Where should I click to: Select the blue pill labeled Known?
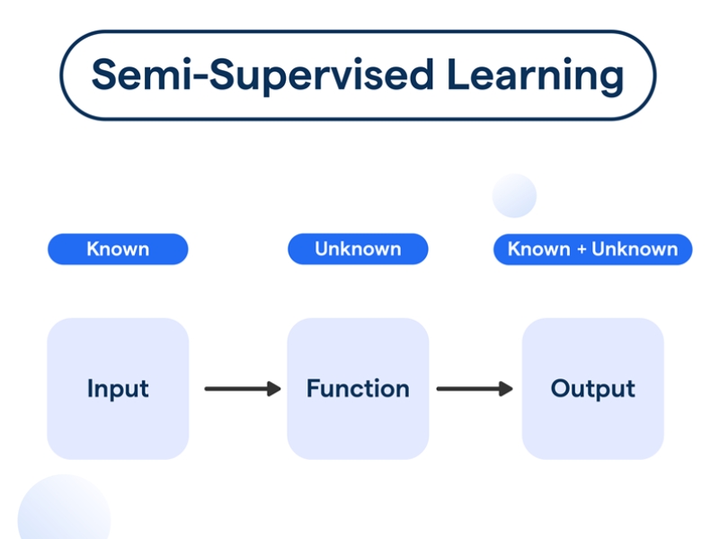click(x=118, y=249)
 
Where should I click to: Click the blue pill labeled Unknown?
click(x=358, y=249)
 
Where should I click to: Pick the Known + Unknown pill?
click(x=592, y=249)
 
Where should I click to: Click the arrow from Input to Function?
click(x=242, y=389)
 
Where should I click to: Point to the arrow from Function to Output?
click(x=474, y=389)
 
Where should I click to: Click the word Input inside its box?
click(x=118, y=389)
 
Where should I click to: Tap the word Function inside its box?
click(x=358, y=389)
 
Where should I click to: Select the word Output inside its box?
click(x=592, y=389)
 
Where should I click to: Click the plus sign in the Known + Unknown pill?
click(x=582, y=250)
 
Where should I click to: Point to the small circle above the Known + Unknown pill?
click(x=514, y=195)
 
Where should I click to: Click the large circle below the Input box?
click(x=63, y=512)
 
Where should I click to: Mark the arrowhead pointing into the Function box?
click(x=273, y=389)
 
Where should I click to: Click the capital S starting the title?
click(x=105, y=75)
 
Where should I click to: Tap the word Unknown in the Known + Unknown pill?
click(x=635, y=249)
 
